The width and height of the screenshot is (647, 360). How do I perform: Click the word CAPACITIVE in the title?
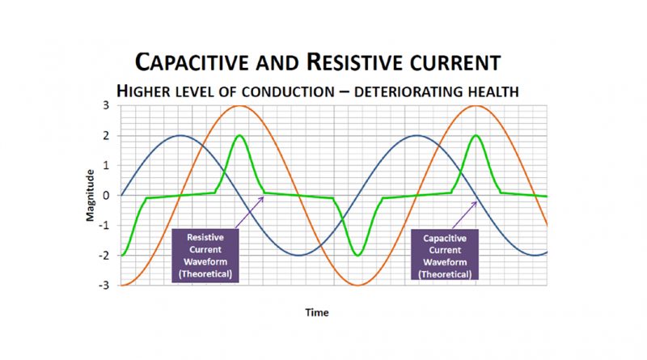click(x=192, y=63)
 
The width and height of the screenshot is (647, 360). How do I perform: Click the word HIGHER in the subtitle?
click(x=144, y=91)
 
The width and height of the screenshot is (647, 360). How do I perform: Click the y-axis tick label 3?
click(x=106, y=105)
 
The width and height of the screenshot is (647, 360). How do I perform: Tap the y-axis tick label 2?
click(x=106, y=135)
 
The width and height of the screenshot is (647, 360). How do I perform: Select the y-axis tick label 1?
click(x=106, y=165)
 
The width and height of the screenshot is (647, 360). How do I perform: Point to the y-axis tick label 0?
click(x=106, y=195)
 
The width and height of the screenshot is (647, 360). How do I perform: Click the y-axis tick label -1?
click(x=104, y=226)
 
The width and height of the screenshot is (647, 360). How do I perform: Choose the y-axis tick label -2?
click(x=104, y=255)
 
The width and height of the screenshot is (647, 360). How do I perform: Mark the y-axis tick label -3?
click(x=104, y=286)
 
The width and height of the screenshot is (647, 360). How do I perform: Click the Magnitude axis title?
click(x=90, y=196)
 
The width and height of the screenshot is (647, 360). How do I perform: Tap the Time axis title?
click(x=317, y=312)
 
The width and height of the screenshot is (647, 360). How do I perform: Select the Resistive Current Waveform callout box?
click(x=205, y=256)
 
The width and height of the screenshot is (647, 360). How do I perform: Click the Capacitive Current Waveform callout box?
click(x=445, y=255)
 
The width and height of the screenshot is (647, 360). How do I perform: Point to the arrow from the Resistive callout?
click(x=249, y=212)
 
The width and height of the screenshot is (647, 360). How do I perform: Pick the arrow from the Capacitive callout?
click(x=464, y=215)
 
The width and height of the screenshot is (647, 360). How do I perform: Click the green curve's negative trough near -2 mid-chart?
click(x=357, y=255)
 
